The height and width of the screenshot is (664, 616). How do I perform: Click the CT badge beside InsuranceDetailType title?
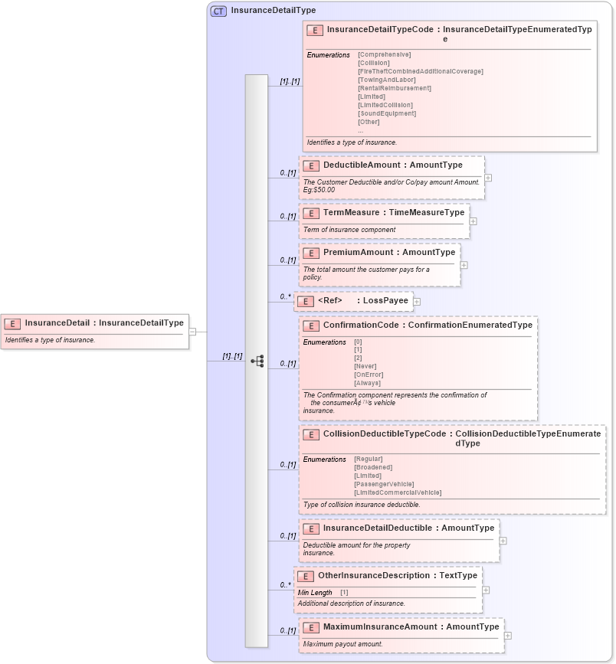click(218, 11)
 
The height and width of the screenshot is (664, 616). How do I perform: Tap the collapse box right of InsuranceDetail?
click(192, 332)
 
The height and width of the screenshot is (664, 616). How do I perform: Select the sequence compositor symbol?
click(257, 361)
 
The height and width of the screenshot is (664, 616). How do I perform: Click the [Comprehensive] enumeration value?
click(384, 54)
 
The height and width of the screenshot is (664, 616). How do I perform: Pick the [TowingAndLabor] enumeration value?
click(386, 80)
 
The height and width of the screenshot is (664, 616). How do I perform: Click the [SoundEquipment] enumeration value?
click(386, 113)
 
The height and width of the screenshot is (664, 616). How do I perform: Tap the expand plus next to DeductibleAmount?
click(488, 178)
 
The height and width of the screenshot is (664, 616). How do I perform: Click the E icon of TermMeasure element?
click(310, 213)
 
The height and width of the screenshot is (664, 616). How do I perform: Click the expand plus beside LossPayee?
click(417, 302)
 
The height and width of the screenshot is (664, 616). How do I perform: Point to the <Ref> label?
click(329, 301)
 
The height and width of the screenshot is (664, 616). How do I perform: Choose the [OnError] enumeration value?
click(367, 375)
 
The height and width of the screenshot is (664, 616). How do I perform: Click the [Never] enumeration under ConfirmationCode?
click(365, 366)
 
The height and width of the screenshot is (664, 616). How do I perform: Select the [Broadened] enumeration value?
click(373, 467)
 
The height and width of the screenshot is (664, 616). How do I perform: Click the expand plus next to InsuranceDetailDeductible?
click(503, 540)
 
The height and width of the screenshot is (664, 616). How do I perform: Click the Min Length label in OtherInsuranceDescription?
click(315, 592)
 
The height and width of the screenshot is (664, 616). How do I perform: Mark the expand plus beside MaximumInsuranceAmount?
click(508, 636)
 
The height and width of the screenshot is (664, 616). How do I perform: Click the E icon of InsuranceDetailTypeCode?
click(314, 31)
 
